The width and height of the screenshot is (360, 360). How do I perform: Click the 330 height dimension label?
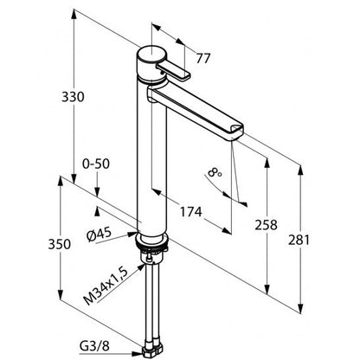point(73,97)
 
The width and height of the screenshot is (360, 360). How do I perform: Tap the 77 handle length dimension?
point(203,59)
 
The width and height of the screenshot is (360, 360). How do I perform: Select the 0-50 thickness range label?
point(96,164)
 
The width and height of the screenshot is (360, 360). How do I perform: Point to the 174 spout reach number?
point(191,212)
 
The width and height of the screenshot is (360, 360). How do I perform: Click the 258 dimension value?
point(266,225)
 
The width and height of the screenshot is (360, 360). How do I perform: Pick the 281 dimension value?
point(299,240)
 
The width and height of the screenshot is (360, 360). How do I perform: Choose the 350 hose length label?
point(59,244)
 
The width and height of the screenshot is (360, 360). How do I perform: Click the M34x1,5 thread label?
point(106,286)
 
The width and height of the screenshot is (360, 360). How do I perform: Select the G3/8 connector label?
point(94,346)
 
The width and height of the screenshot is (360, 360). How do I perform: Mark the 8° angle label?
point(215,173)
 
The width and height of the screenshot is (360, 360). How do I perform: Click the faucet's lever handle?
point(173,72)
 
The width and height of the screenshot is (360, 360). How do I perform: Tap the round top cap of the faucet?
point(151,54)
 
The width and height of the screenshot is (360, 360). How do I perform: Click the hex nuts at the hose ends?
point(153,350)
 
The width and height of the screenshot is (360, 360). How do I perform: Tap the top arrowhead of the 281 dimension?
point(300,170)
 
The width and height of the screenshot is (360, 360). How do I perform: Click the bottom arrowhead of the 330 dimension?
point(74,178)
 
